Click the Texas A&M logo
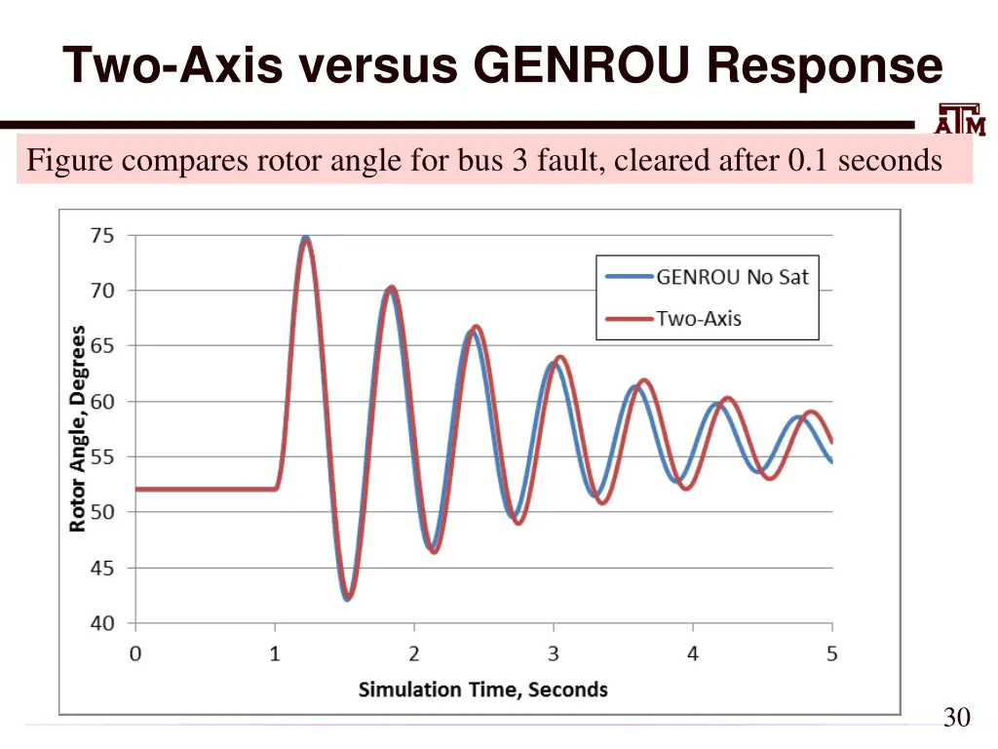coord(960,119)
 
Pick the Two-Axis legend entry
coord(699,319)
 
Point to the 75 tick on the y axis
coord(102,235)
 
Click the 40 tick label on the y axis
coord(102,623)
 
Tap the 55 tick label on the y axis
coord(102,456)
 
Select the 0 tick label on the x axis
coord(135,653)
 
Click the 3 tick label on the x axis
coord(554,653)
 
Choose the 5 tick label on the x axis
coord(832,653)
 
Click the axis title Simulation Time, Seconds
coord(482,690)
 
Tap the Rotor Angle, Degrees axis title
coord(78,429)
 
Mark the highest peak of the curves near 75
coord(306,238)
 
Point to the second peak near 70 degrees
coord(391,288)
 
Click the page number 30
coord(956,718)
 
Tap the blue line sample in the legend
coord(628,277)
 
